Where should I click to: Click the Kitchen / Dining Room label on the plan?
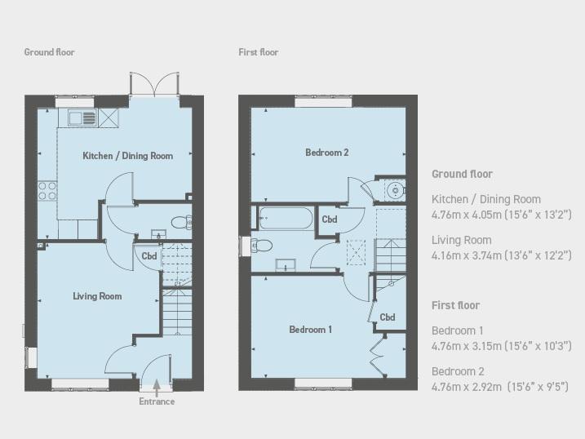point(127,156)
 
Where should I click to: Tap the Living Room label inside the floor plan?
point(97,296)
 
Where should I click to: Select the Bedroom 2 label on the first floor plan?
point(327,152)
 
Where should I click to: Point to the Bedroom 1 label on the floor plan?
point(310,330)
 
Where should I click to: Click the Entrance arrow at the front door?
point(157,388)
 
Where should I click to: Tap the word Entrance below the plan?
point(157,401)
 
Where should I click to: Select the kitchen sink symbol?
point(82,118)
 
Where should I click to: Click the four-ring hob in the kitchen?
point(47,191)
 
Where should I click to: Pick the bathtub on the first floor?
point(286,218)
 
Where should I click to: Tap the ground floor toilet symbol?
point(182,223)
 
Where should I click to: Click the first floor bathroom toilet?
point(262,246)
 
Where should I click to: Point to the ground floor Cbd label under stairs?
point(149,256)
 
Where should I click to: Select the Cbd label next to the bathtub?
point(330,219)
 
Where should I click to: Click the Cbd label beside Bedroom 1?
point(388,317)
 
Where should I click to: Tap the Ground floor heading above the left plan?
point(49,52)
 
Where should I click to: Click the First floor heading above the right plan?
point(259,52)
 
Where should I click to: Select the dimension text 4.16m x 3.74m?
point(467,255)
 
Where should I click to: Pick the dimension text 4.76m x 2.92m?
point(467,387)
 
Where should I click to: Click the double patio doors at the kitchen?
point(154,84)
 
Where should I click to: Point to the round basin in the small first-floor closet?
point(394,191)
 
